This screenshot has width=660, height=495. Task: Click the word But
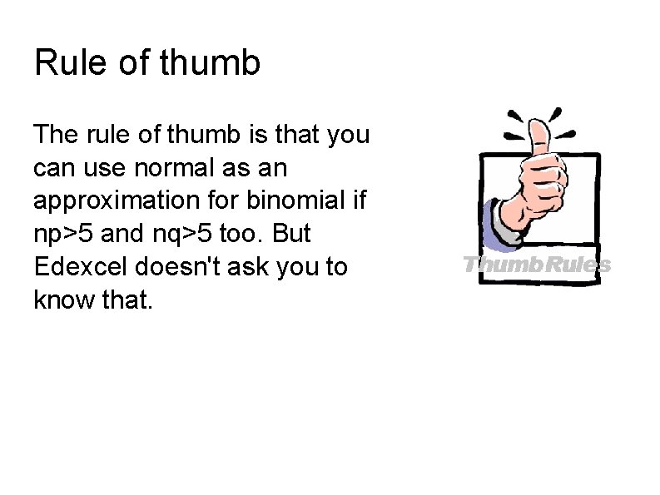tap(292, 235)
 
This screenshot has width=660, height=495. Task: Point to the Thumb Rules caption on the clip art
tap(537, 265)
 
